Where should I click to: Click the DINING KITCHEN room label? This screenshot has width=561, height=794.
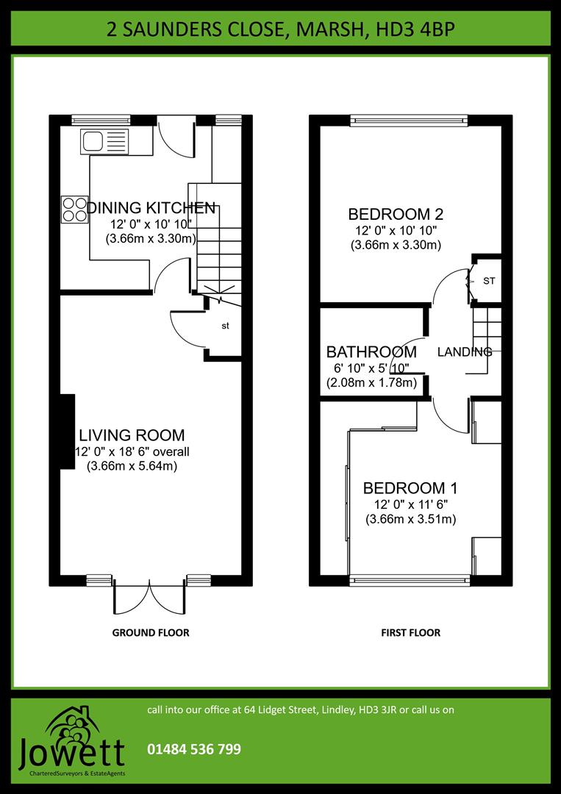coord(151,208)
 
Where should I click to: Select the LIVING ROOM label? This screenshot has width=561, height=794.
coord(132,435)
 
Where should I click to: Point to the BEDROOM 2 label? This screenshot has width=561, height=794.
coord(396,215)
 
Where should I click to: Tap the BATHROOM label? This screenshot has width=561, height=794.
coord(371,352)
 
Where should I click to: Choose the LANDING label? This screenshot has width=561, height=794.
coord(464,352)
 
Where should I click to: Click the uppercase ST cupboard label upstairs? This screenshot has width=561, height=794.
coord(489,281)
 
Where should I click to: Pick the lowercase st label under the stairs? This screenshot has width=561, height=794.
coord(226,326)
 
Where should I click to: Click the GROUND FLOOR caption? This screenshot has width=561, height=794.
coord(150,632)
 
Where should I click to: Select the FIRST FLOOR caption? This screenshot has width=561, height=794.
coord(410,632)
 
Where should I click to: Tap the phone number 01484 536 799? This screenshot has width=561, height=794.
coord(194,750)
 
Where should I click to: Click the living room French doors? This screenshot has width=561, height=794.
coord(150,597)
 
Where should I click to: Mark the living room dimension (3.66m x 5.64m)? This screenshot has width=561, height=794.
coord(132,466)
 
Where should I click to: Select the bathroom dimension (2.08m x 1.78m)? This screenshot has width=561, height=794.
coord(371,383)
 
